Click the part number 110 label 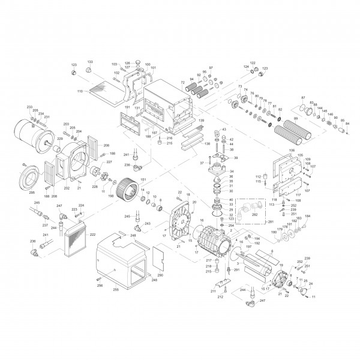click(x=79, y=91)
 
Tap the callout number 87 click(x=303, y=98)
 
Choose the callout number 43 click(x=223, y=130)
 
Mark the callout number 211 click(x=213, y=291)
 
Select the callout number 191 click(x=127, y=107)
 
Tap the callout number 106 click(x=292, y=149)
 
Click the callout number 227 click(x=110, y=163)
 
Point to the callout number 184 click(x=308, y=216)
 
